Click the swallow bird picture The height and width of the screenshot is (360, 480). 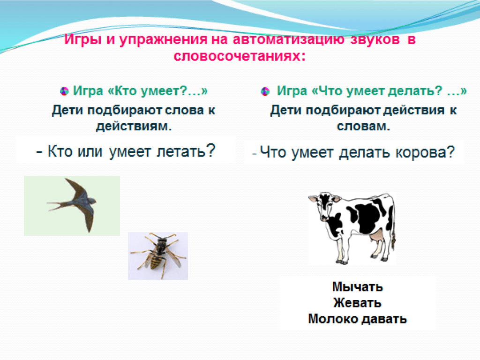click(x=72, y=206)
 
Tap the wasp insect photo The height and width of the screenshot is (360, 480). click(x=158, y=256)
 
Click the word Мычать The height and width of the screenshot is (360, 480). click(x=357, y=287)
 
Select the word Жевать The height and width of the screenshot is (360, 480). click(x=357, y=303)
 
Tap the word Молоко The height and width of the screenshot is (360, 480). click(x=333, y=319)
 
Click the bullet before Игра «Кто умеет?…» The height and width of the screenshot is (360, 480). click(x=64, y=91)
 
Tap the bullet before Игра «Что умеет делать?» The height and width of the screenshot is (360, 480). click(x=265, y=91)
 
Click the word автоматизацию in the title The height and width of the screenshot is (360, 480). click(x=288, y=39)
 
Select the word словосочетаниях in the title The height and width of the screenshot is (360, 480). click(x=240, y=56)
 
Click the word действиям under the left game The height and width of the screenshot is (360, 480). click(x=134, y=126)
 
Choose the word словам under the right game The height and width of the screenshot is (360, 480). click(x=363, y=126)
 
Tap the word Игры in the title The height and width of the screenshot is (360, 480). click(x=82, y=40)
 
